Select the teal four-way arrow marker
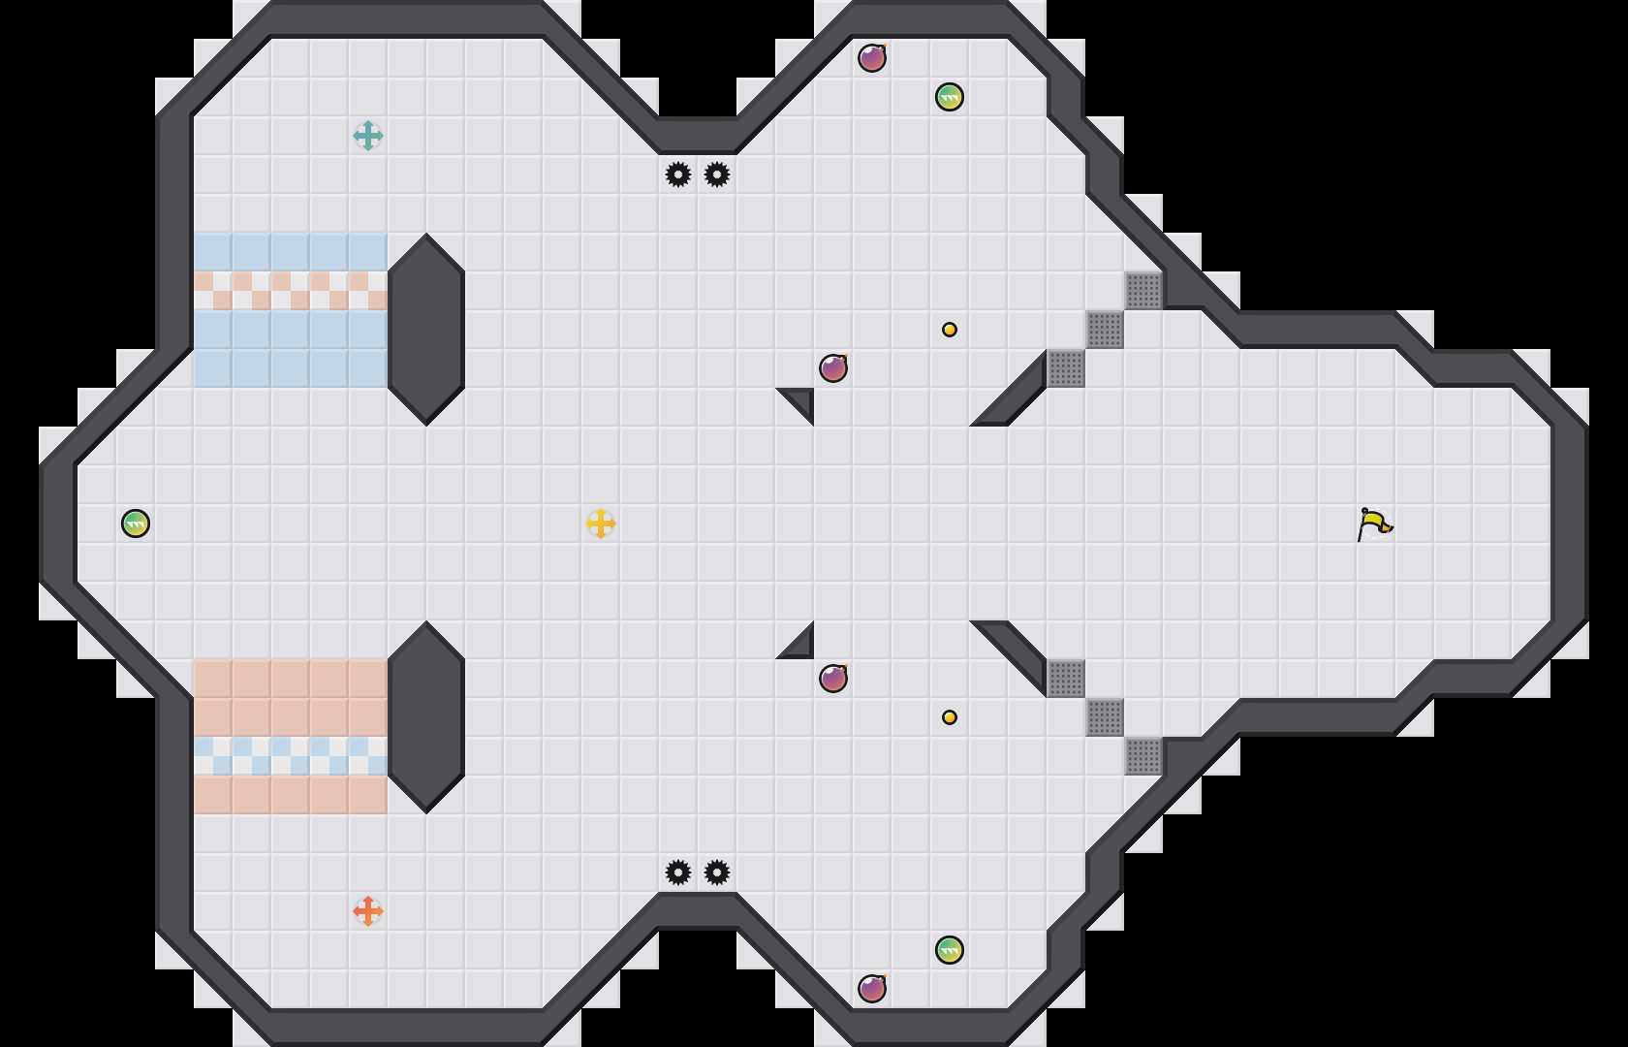(x=368, y=136)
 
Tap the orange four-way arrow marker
(x=368, y=911)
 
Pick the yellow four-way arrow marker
(x=601, y=523)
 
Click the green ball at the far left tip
(x=136, y=523)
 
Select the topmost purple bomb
(x=872, y=58)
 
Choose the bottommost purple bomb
(x=872, y=989)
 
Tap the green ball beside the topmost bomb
(x=950, y=97)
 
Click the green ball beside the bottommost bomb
(x=950, y=950)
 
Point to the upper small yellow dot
(x=950, y=330)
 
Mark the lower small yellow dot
(x=950, y=717)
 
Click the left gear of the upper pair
(x=678, y=174)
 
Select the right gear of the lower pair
(x=717, y=872)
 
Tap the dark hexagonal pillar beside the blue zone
(x=426, y=330)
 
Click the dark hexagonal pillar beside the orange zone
(x=426, y=717)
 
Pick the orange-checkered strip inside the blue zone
(x=291, y=291)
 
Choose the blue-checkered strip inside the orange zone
(x=291, y=756)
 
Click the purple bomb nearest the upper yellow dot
(x=833, y=368)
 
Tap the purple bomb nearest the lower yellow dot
(x=833, y=679)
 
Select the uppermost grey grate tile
(x=1143, y=291)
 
